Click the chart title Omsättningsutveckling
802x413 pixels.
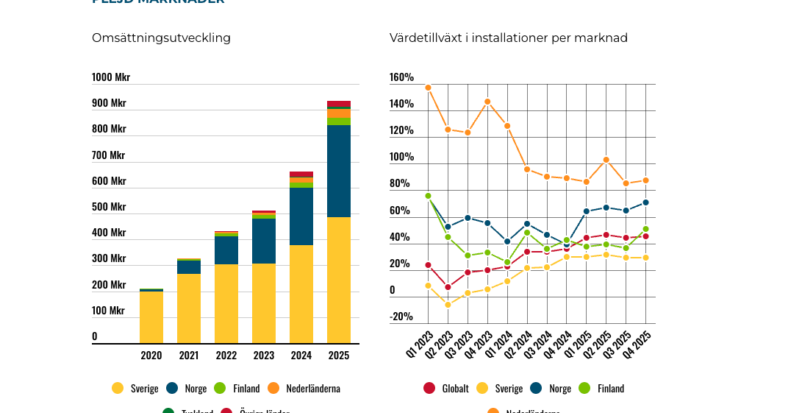point(161,38)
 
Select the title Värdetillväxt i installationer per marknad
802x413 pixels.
point(508,38)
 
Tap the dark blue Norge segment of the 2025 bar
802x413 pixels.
point(339,171)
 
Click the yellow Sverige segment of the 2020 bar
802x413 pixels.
point(151,317)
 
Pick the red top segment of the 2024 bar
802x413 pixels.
point(301,174)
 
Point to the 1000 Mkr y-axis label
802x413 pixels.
point(111,77)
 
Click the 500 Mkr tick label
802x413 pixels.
point(109,207)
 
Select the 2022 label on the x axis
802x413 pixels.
point(226,356)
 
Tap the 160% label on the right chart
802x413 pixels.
point(401,77)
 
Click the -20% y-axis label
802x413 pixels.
point(401,317)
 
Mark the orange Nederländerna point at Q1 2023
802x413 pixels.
point(428,88)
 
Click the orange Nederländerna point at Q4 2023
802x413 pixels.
point(487,102)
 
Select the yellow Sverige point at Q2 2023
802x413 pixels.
point(448,305)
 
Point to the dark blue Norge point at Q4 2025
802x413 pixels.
point(645,202)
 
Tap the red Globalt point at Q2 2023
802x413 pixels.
point(448,287)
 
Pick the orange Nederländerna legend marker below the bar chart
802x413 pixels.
point(273,388)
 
